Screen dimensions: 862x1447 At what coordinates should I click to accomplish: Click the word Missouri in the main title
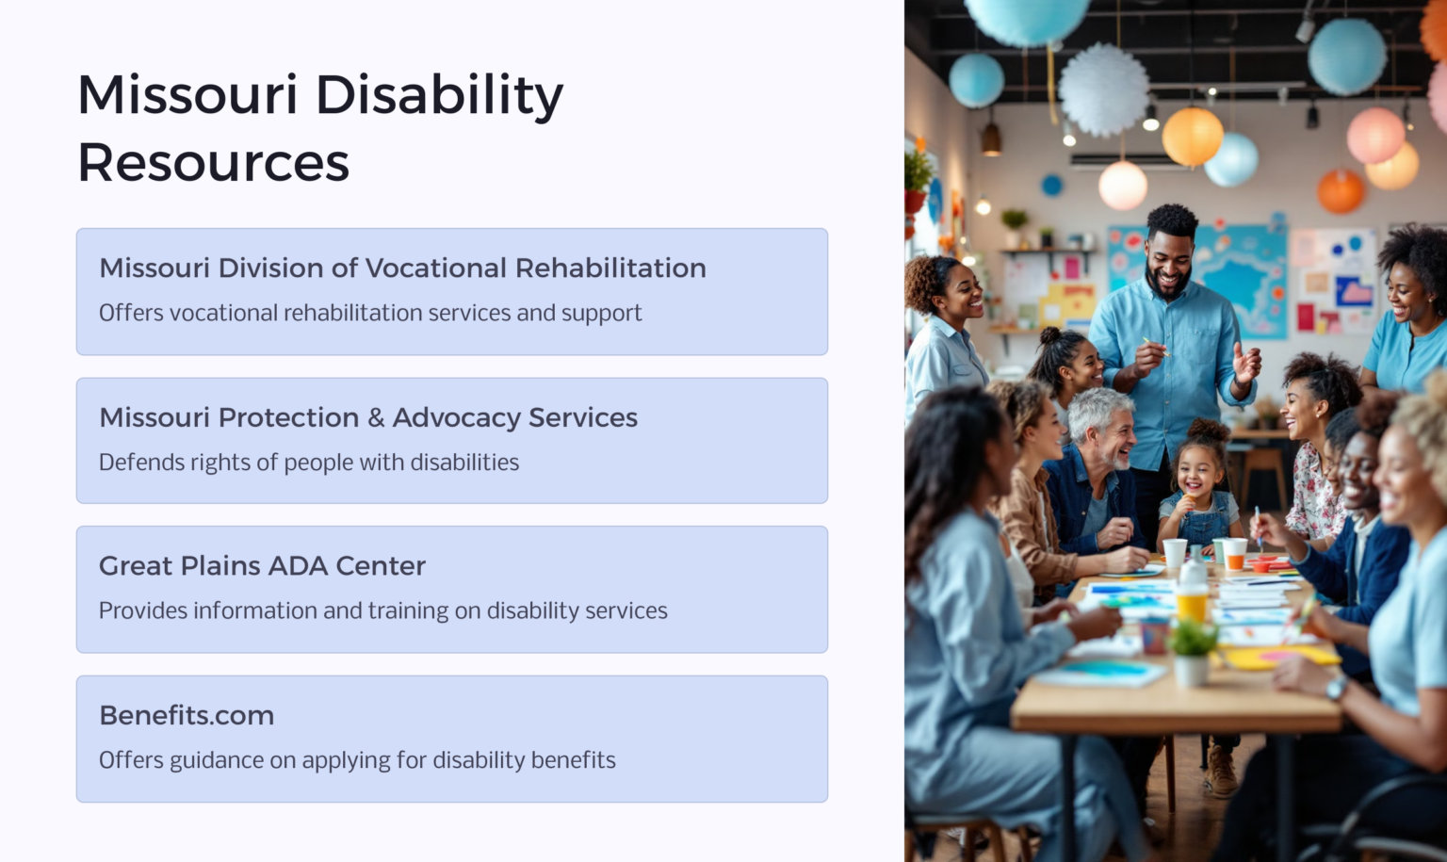187,95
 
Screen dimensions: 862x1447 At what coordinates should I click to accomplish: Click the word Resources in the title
213,163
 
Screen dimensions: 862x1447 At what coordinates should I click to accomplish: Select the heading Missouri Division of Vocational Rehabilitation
402,268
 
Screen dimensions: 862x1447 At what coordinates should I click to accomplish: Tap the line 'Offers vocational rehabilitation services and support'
370,313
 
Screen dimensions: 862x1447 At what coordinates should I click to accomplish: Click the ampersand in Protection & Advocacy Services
375,418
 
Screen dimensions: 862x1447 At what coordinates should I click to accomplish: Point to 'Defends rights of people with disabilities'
309,463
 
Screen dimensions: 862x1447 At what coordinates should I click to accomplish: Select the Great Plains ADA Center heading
262,566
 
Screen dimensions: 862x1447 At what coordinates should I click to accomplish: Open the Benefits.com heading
187,716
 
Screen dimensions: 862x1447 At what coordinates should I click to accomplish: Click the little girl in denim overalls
1197,490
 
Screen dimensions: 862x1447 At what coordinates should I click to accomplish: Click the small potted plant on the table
1192,650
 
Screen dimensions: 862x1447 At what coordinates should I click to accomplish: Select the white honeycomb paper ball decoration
1103,89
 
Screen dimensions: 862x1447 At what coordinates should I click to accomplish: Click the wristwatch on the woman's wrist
1336,687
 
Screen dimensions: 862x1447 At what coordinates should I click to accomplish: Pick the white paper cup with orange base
1234,554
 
